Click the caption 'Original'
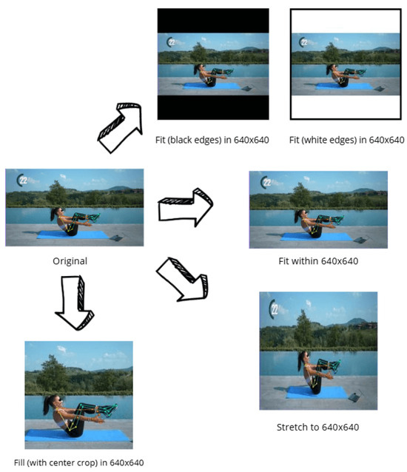[x=70, y=260]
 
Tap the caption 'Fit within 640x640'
[x=318, y=260]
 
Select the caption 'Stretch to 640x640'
[x=317, y=427]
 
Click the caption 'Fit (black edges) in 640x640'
[x=212, y=140]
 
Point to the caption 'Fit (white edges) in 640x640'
[x=346, y=140]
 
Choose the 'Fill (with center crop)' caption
[x=79, y=462]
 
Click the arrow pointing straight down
[x=74, y=303]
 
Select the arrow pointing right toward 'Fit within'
[x=186, y=207]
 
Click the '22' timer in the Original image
[x=22, y=180]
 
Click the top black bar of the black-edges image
[x=213, y=21]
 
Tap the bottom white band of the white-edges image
[x=346, y=107]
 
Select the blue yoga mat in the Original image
[x=73, y=235]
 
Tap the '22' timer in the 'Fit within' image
[x=266, y=183]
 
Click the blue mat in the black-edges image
[x=212, y=86]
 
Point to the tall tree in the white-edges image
[x=331, y=53]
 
